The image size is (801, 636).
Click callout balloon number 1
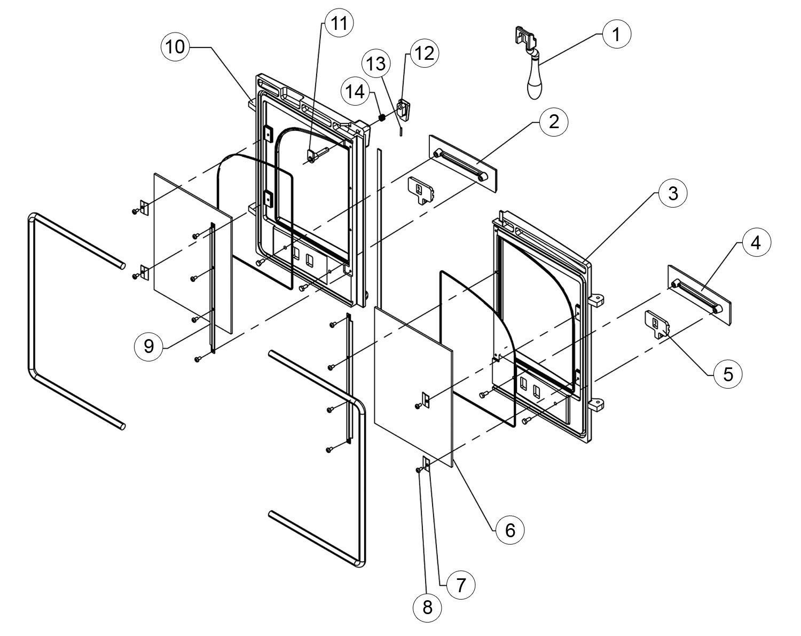(x=617, y=34)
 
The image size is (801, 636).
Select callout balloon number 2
(x=554, y=122)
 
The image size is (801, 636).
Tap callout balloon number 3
(x=673, y=194)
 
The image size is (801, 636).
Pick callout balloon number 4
(x=756, y=242)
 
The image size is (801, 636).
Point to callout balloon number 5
(x=728, y=374)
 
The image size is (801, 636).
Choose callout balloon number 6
(x=510, y=530)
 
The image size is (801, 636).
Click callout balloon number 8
(x=427, y=608)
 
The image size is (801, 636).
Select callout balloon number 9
(x=149, y=347)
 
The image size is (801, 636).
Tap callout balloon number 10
(x=175, y=47)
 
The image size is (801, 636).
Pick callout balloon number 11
(x=339, y=23)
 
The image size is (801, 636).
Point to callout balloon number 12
(x=425, y=53)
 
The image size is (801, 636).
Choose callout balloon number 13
(x=376, y=64)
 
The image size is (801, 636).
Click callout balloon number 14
(x=356, y=91)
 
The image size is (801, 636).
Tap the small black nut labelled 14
(x=381, y=117)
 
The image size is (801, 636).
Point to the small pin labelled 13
(x=401, y=132)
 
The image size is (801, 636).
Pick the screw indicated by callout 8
(x=419, y=470)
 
